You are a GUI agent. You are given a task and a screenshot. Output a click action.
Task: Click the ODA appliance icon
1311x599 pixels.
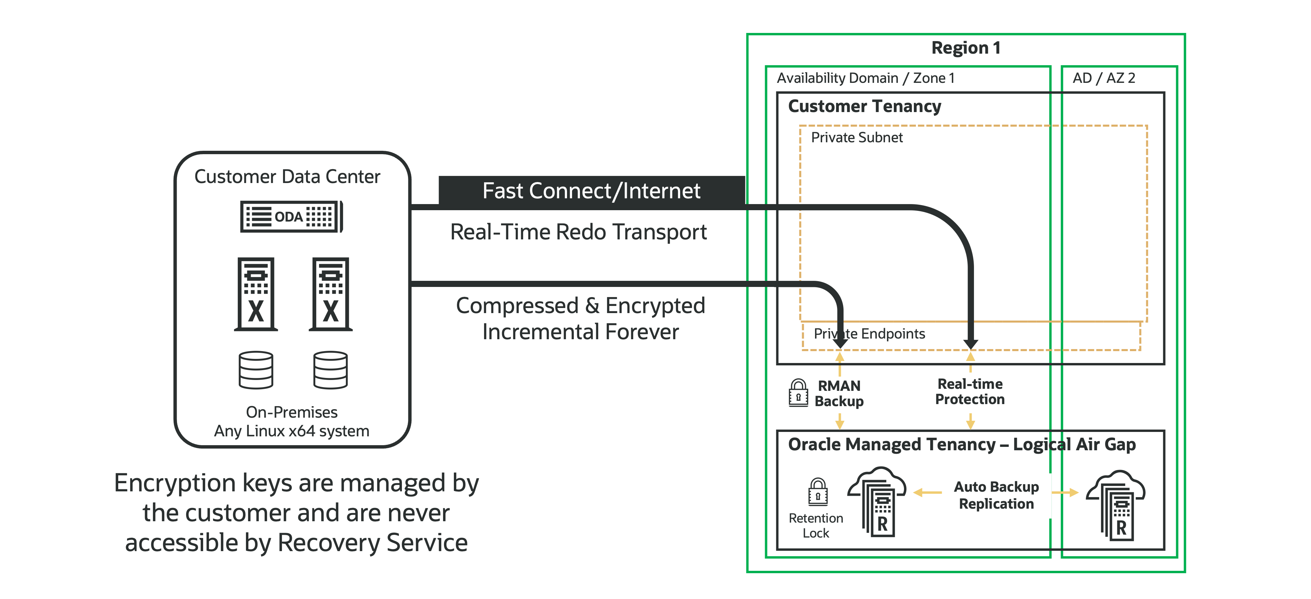(291, 217)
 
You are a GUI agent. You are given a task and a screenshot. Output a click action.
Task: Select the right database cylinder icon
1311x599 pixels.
(330, 370)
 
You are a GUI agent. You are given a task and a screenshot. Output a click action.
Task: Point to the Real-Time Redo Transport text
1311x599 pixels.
(578, 232)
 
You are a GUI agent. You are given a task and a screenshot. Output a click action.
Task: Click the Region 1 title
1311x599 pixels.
(965, 48)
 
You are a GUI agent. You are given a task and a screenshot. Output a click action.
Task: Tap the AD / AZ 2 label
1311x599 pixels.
(1103, 78)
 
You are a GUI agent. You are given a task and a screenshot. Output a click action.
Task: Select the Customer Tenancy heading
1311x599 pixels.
(864, 106)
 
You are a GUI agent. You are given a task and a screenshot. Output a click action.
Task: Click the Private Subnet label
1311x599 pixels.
(856, 138)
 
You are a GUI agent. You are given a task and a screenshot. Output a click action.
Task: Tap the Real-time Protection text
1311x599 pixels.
(970, 392)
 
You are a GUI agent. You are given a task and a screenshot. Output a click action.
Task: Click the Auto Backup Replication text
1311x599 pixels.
(996, 495)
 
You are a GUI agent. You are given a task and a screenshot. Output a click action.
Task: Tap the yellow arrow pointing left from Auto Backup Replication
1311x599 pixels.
(927, 492)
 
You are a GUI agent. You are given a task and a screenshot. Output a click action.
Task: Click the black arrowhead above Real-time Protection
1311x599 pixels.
(971, 343)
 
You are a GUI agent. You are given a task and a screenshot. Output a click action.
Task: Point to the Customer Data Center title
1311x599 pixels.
(287, 177)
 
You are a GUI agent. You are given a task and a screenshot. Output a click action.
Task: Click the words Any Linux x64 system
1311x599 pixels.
(291, 431)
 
